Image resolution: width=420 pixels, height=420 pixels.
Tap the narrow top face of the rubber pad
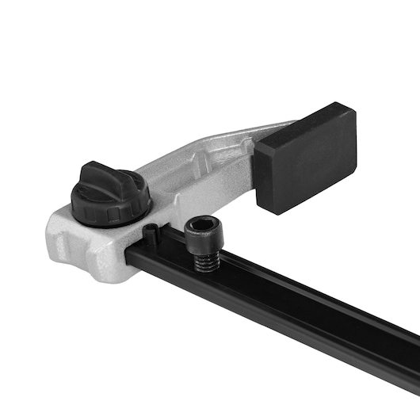(305, 119)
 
